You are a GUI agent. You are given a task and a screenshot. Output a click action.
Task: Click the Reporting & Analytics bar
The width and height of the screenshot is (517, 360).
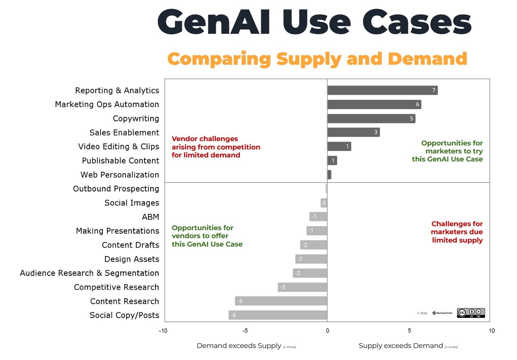coord(382,90)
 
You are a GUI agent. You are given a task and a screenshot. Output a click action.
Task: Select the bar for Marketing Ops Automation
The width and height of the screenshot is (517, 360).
coord(374,104)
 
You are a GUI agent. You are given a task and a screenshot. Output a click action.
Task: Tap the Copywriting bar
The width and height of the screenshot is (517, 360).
coord(371,119)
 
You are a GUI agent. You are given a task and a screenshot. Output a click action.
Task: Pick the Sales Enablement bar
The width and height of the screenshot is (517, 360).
coord(353,132)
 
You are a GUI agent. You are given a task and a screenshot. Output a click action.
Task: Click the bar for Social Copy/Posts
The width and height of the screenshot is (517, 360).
coord(278,315)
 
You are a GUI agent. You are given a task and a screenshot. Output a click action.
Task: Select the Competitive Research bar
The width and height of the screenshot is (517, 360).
coord(302,287)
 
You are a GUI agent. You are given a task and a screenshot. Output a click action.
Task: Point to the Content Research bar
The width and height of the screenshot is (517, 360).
coord(281,301)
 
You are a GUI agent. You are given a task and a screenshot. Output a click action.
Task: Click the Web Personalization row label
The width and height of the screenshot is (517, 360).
coord(120,175)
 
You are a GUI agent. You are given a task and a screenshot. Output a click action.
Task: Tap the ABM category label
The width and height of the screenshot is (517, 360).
coord(150,217)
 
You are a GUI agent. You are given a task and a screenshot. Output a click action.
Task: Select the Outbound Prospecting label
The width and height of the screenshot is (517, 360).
coord(116,189)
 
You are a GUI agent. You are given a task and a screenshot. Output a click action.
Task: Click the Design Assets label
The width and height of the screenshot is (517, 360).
coord(132,259)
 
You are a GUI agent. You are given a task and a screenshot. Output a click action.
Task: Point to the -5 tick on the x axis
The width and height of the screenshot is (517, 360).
coord(245,331)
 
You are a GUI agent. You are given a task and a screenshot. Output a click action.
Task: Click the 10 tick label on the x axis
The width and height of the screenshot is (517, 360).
coord(491,331)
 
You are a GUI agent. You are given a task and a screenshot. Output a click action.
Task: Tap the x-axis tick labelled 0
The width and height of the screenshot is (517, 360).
coord(327,331)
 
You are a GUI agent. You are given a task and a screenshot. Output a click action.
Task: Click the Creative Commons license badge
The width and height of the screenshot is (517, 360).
coord(471,313)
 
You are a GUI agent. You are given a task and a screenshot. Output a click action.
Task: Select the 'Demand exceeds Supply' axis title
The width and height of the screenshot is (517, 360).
coord(239,345)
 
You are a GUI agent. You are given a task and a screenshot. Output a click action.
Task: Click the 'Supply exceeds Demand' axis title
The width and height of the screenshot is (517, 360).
coord(401,345)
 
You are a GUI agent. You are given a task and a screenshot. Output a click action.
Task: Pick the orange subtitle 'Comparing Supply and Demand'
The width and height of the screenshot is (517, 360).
coord(317,59)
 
